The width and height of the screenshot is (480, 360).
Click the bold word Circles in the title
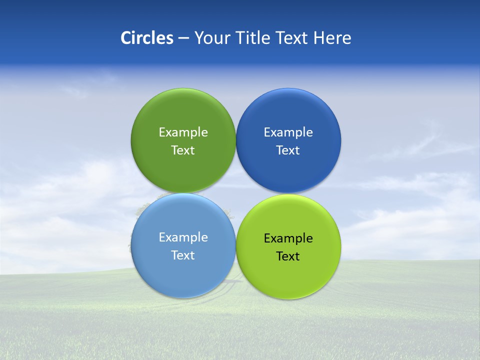tap(147, 38)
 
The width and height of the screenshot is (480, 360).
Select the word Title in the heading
tap(254, 38)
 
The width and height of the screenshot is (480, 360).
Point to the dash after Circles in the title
tap(183, 38)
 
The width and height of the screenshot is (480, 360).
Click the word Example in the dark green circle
tap(183, 132)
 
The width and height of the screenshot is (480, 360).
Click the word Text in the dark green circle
tap(183, 150)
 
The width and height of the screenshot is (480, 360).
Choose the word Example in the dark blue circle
tap(288, 132)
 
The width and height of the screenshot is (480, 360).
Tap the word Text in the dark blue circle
tap(288, 150)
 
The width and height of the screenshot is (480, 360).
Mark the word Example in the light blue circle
tap(183, 237)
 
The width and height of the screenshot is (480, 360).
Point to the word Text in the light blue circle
tap(183, 255)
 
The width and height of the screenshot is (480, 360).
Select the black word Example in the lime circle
tap(288, 238)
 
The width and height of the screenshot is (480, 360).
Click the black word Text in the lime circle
tap(288, 256)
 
